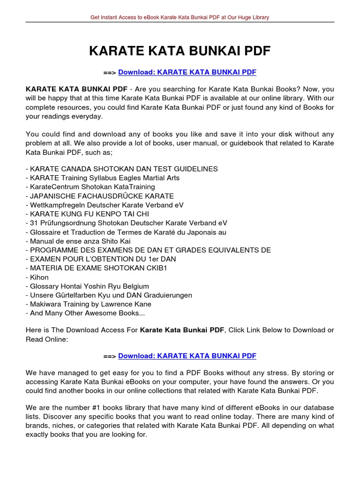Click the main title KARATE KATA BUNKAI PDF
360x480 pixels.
tap(180, 51)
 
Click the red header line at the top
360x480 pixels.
tap(180, 17)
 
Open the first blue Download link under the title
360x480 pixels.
tap(187, 72)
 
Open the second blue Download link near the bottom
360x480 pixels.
tap(187, 356)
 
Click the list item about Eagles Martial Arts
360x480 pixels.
tap(103, 178)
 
